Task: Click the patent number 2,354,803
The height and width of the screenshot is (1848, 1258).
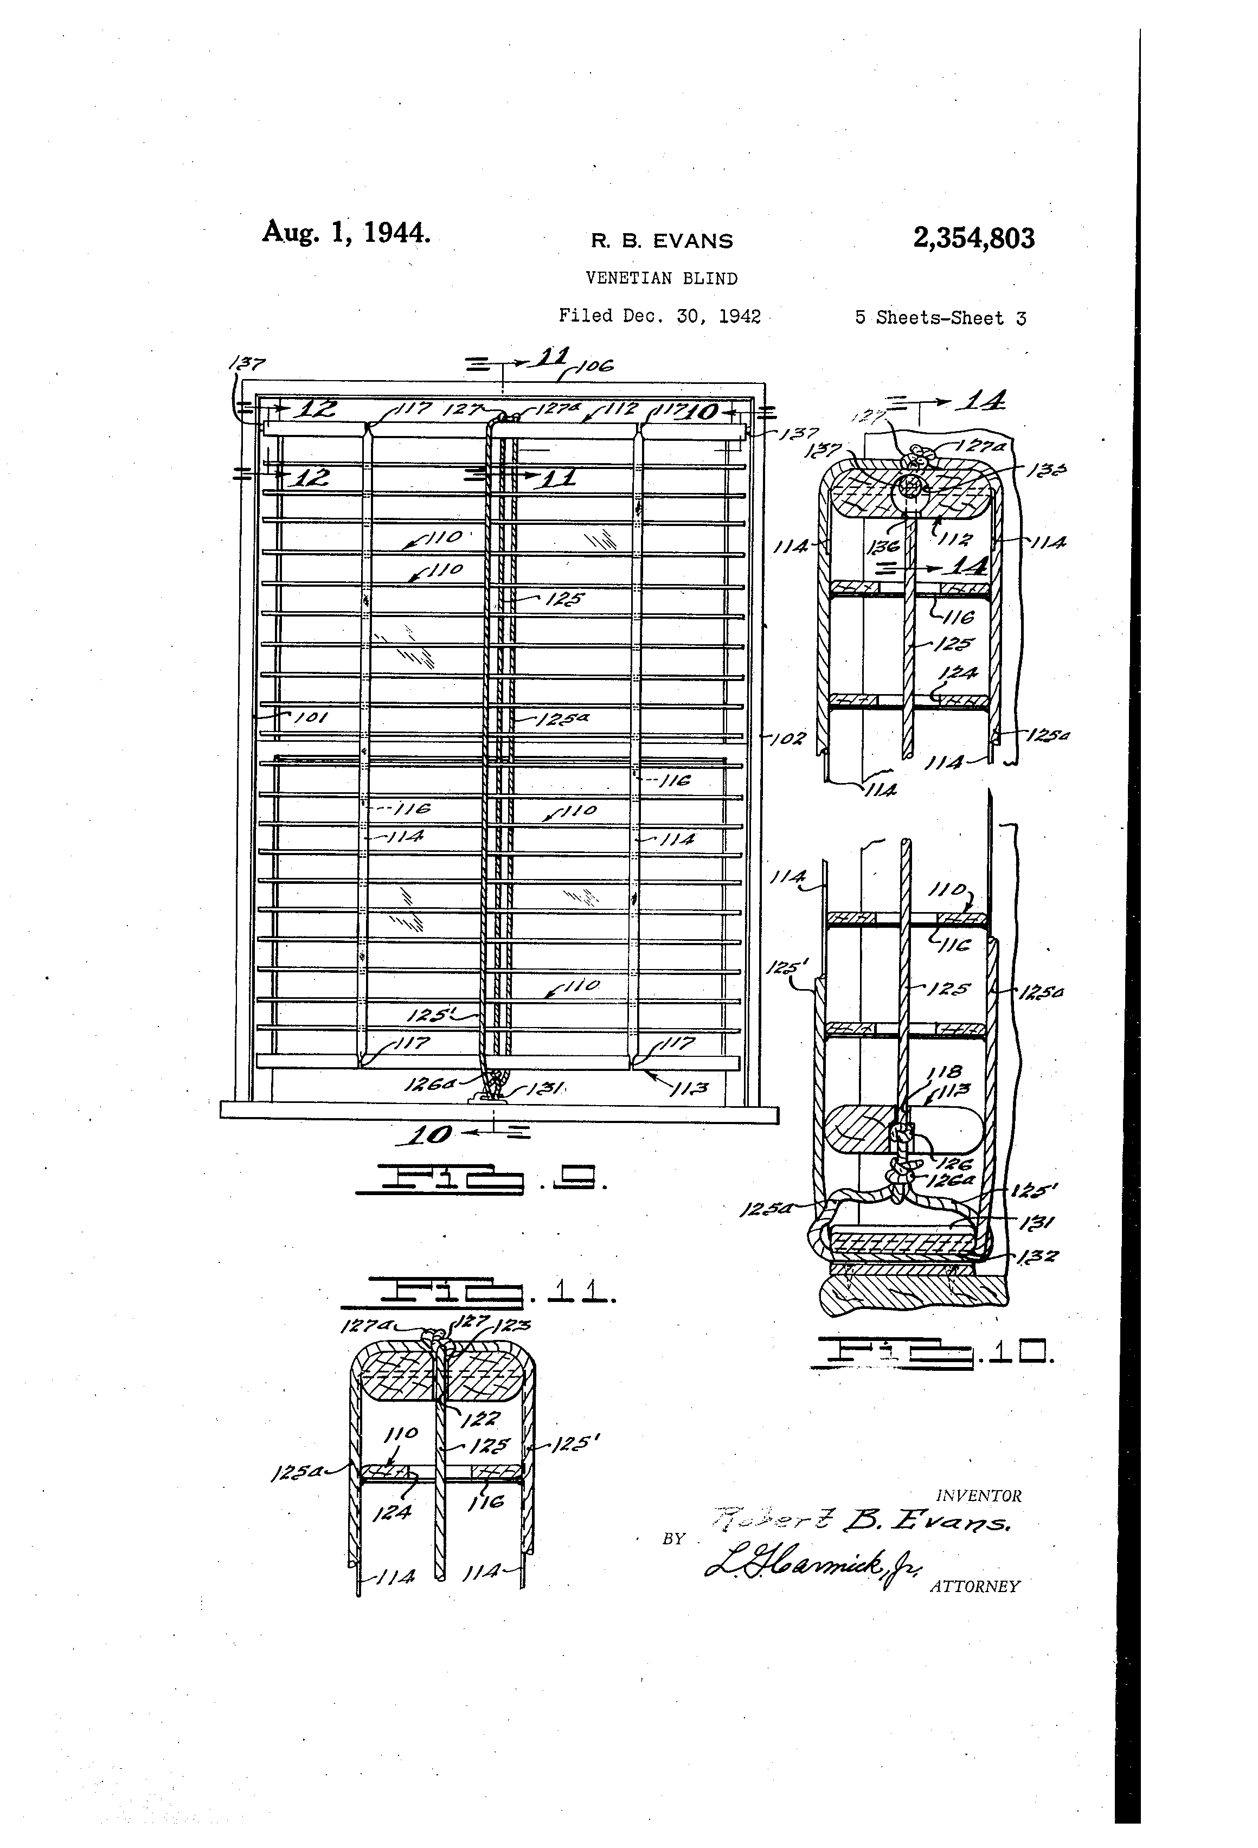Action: (x=973, y=238)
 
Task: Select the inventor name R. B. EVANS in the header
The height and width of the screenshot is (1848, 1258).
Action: (x=661, y=240)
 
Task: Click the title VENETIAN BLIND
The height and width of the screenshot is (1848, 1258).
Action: (x=661, y=278)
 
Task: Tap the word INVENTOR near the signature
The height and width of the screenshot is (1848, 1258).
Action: (x=978, y=1496)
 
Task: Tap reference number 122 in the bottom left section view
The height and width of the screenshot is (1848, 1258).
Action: (x=484, y=1418)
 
